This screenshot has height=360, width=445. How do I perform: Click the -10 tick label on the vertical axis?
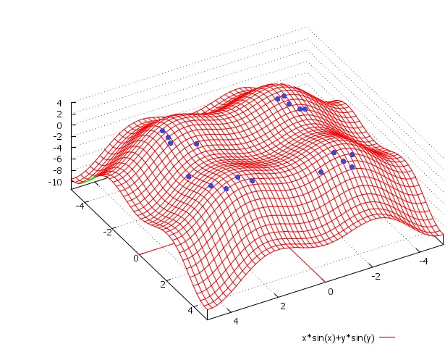point(54,182)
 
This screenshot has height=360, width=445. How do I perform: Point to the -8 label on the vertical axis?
point(56,170)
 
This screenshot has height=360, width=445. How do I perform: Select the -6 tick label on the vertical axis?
point(56,159)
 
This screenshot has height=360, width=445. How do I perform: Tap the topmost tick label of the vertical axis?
point(59,103)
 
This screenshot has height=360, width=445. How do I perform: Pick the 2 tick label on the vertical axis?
point(59,114)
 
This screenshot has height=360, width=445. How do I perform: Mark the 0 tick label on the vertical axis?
point(59,125)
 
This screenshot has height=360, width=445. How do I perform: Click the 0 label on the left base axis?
point(135,258)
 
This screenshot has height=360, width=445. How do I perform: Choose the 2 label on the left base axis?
point(163,284)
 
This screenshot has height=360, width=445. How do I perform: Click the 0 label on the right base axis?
point(330,291)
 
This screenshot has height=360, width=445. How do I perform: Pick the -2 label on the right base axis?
point(375,276)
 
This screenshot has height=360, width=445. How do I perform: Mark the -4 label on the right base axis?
point(423,259)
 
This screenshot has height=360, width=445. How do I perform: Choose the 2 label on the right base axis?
point(282,306)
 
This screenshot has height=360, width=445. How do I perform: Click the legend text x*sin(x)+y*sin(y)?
point(338,338)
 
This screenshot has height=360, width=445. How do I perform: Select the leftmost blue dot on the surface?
point(162,131)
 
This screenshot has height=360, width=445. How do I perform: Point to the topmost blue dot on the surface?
point(284,96)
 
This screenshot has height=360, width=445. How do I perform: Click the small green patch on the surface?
point(90,178)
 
